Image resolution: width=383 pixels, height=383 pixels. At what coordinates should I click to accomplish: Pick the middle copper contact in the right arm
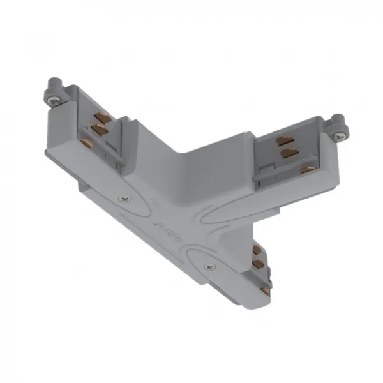point(285,155)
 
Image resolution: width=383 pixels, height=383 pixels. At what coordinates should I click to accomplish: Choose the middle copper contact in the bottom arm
point(259,264)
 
